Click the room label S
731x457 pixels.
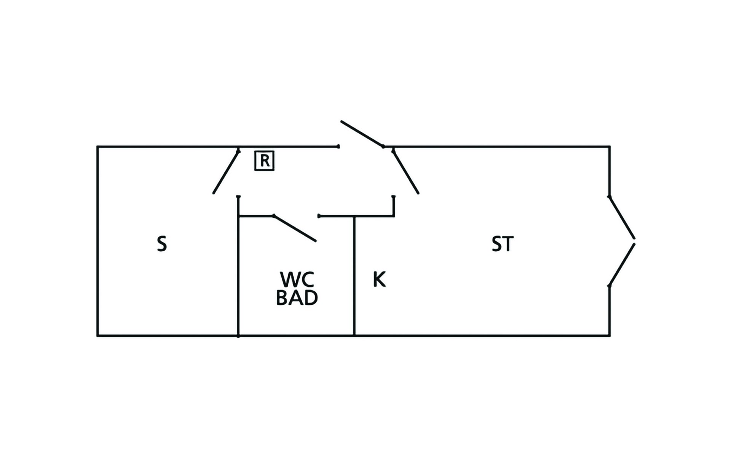click(162, 244)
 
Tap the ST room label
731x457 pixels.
click(503, 244)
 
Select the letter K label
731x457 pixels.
click(379, 280)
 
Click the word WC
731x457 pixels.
click(297, 280)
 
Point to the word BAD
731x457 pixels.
click(297, 298)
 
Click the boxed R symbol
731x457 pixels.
click(264, 161)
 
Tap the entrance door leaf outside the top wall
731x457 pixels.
click(362, 134)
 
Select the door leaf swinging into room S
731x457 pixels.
click(226, 172)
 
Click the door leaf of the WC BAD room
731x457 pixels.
click(295, 228)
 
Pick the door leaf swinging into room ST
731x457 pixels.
click(406, 172)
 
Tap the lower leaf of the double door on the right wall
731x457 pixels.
click(622, 265)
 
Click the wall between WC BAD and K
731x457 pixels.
click(354, 276)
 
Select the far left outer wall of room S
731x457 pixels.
click(97, 241)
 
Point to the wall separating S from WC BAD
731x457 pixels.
click(238, 266)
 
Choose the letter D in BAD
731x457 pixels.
click(311, 298)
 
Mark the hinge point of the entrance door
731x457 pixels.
click(383, 146)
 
